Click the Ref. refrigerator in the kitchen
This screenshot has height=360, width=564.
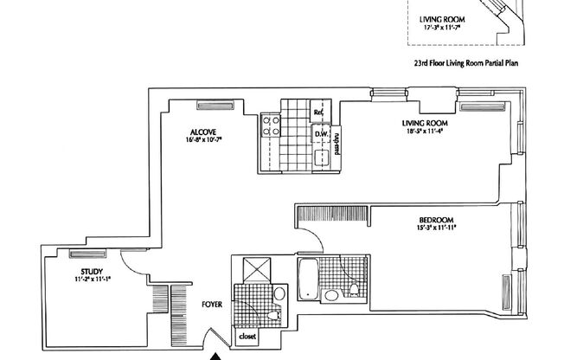[318, 112]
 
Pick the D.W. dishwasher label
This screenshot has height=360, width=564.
[319, 134]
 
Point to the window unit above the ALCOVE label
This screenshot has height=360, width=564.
[211, 106]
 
